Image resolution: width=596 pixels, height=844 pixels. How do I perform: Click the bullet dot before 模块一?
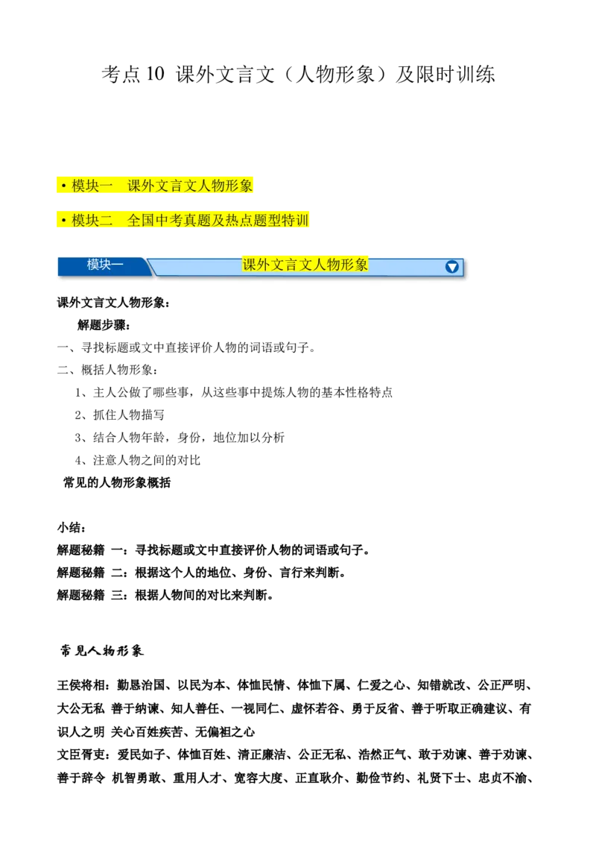click(64, 186)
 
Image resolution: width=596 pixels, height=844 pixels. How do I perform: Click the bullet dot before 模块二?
click(64, 221)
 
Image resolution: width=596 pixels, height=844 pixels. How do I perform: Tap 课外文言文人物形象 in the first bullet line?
click(191, 186)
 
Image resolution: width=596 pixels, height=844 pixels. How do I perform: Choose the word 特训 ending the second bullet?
click(295, 221)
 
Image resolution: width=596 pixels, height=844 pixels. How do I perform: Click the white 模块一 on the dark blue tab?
click(105, 265)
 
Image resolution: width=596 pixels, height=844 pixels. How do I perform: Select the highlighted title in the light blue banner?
click(305, 265)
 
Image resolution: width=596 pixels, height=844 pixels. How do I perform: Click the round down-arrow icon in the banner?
click(451, 267)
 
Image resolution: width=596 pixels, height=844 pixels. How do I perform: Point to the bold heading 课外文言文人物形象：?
click(113, 303)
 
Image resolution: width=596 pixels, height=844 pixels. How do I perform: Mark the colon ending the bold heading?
click(167, 303)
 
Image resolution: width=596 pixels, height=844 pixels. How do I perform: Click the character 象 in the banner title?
click(361, 265)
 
